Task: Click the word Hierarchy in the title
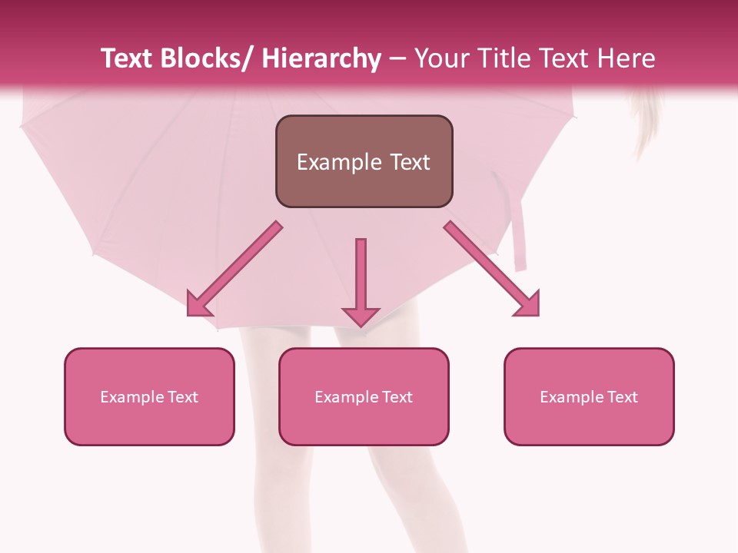click(x=321, y=58)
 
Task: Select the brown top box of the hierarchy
click(x=364, y=161)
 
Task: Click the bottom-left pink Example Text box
click(x=149, y=397)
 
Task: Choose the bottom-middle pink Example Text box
click(x=364, y=397)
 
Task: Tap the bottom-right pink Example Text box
click(x=589, y=397)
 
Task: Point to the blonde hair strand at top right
click(x=644, y=123)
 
